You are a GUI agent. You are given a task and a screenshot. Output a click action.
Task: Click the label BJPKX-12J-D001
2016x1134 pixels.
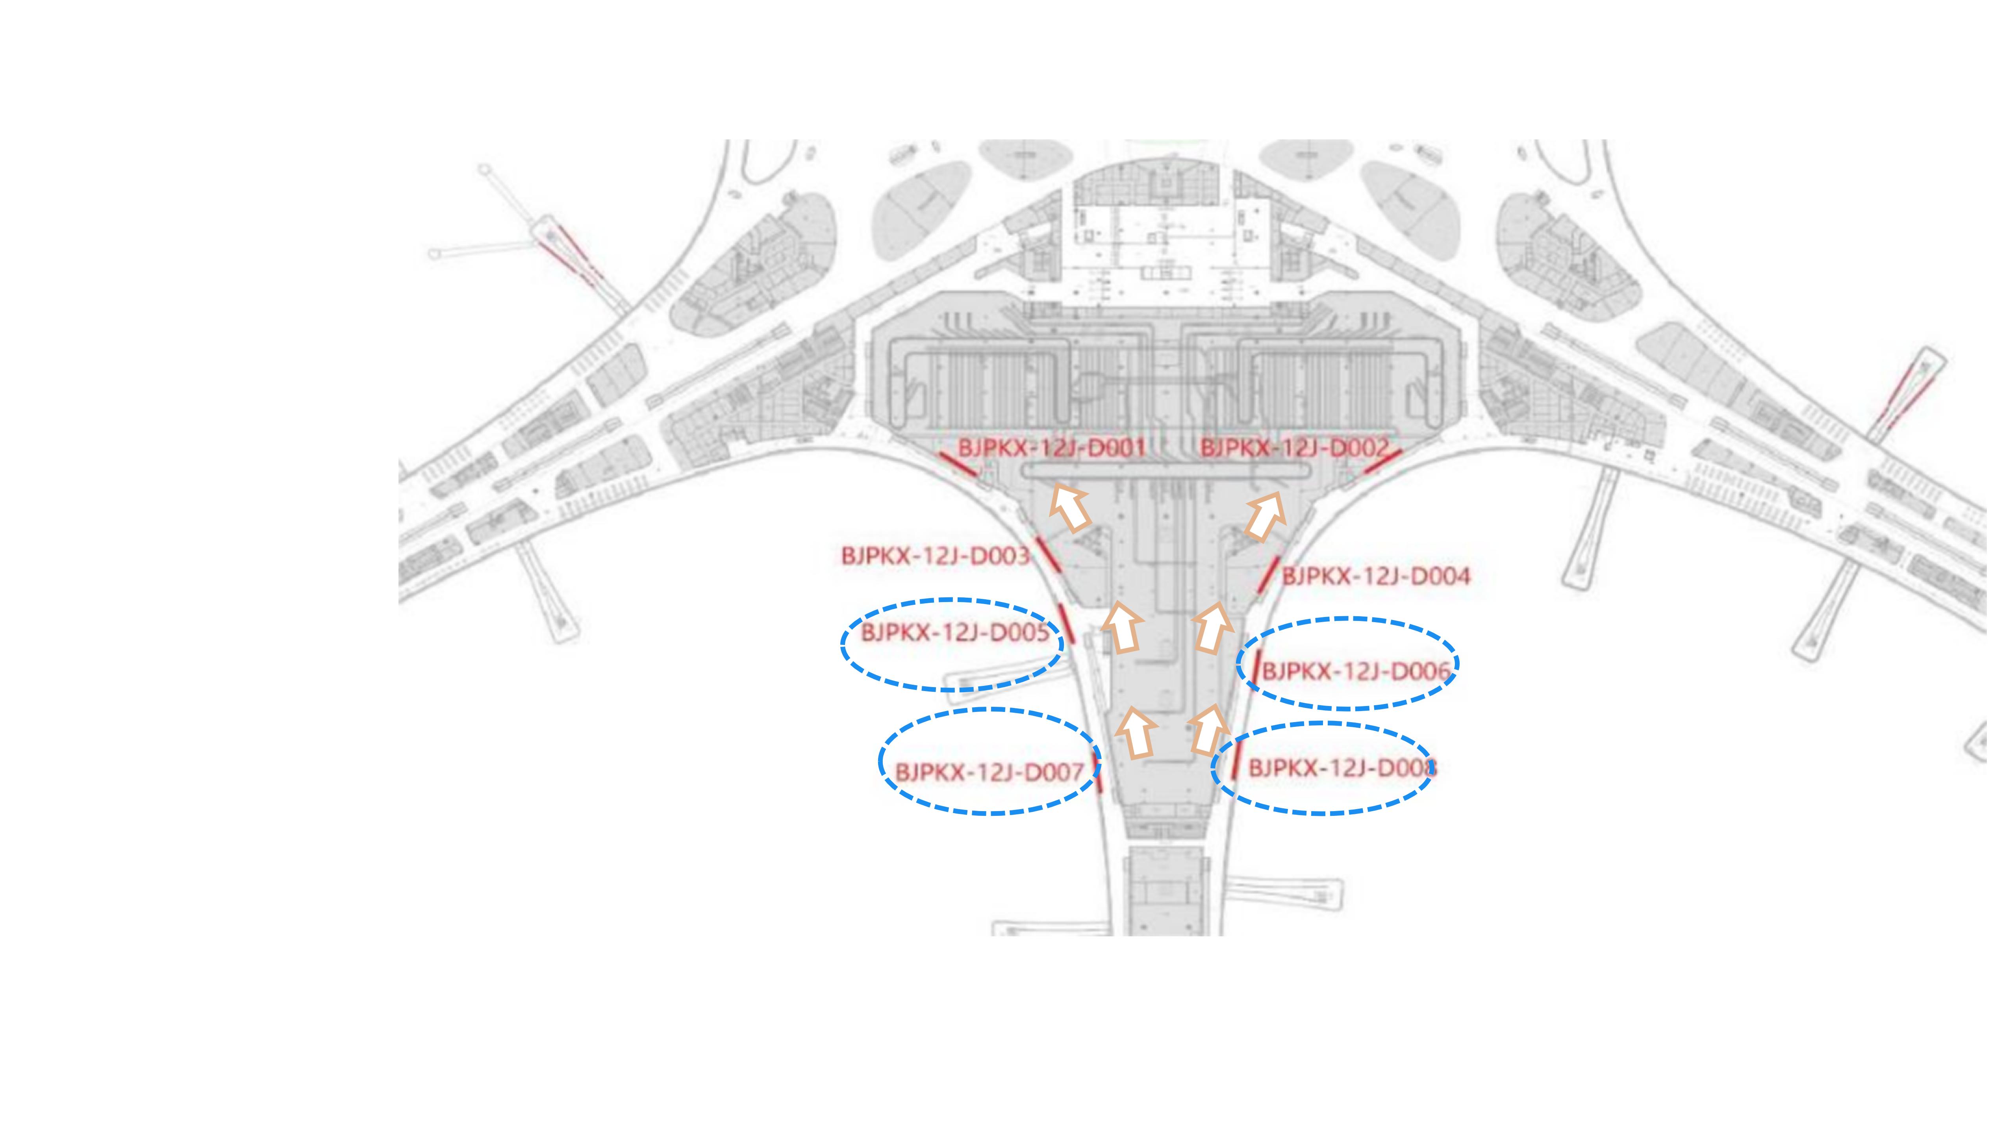tap(1052, 448)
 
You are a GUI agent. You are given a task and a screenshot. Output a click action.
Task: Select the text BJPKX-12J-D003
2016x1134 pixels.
tap(935, 556)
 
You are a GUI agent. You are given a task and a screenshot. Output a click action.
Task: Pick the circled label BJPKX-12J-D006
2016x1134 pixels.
tap(1356, 671)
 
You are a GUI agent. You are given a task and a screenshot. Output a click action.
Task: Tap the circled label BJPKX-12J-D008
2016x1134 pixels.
tap(1342, 768)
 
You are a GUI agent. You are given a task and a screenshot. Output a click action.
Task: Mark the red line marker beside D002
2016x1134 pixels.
tap(1383, 462)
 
